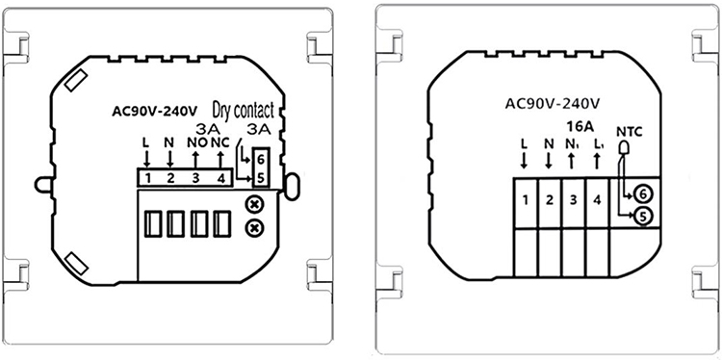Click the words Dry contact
tap(244, 110)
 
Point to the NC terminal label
tap(220, 142)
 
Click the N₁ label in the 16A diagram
tap(571, 144)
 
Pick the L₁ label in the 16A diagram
tap(597, 144)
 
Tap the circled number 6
tap(641, 194)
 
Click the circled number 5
tap(641, 216)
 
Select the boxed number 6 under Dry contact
tap(261, 161)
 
